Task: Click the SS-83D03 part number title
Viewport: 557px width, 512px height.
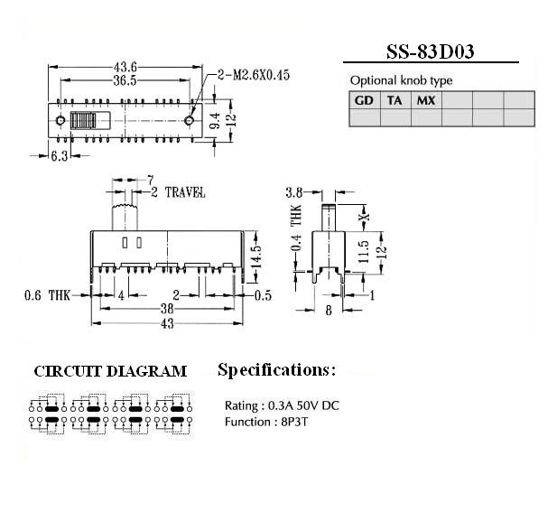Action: click(431, 51)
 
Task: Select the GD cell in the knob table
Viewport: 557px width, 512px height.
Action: click(364, 100)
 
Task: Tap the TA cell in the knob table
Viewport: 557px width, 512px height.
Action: click(395, 100)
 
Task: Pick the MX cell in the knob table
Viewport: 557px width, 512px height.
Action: click(426, 100)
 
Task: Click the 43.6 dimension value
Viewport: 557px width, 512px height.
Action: click(125, 67)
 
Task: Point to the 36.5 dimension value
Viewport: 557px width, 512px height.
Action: click(125, 80)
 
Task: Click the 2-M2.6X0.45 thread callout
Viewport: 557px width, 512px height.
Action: click(254, 75)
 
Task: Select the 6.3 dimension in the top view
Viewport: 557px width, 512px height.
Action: click(60, 156)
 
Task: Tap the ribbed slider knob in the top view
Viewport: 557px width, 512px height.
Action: click(83, 120)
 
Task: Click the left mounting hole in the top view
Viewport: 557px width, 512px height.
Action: click(60, 120)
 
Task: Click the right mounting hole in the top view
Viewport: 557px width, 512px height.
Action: click(190, 120)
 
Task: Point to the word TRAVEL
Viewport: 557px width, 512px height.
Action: click(185, 192)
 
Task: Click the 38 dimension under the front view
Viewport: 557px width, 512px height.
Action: click(167, 309)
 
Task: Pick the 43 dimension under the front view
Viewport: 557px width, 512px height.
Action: click(167, 323)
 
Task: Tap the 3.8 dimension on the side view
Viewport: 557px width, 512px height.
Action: click(294, 192)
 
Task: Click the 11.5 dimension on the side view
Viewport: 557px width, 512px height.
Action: click(365, 252)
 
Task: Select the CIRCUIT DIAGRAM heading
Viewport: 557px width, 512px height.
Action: click(110, 372)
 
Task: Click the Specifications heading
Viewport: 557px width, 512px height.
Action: click(276, 370)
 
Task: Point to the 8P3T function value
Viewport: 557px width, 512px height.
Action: click(294, 422)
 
